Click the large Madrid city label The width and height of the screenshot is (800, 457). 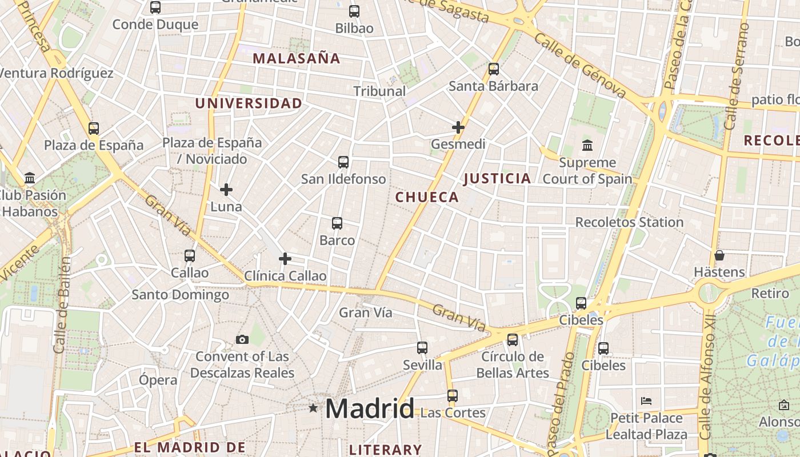pos(370,409)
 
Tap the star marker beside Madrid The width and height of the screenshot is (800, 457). pos(313,408)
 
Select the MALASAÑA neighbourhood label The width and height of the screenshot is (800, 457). pos(297,58)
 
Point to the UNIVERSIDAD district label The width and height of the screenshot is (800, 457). pos(249,103)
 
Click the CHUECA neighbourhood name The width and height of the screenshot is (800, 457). pos(427,197)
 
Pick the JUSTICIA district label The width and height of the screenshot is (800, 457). pos(497,178)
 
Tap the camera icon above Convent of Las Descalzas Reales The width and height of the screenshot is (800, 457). pos(242,340)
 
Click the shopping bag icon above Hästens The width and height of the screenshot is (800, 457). pos(719,255)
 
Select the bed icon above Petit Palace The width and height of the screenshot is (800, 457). pos(646,400)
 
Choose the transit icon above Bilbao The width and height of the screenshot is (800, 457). pos(354,11)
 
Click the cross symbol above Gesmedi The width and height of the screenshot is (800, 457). pos(458,127)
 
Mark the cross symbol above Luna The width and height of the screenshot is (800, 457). pos(226,190)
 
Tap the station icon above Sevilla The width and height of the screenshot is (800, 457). pos(422,348)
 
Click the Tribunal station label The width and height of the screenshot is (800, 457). pos(379,91)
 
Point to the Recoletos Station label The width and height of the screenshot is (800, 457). pos(629,222)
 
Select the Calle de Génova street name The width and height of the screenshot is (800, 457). pos(581,65)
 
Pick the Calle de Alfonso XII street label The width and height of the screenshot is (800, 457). pos(708,375)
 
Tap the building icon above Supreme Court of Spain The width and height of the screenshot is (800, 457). pos(587,146)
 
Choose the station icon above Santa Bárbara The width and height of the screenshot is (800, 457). pos(494,69)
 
